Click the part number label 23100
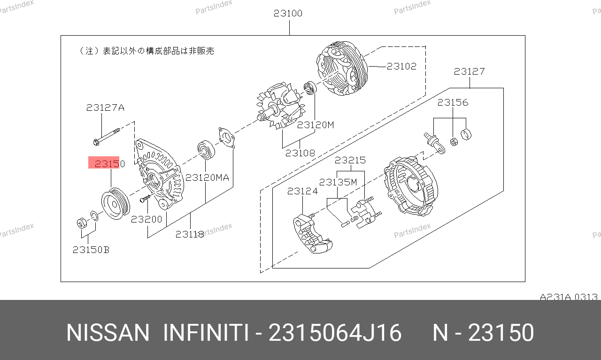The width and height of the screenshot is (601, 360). (288, 13)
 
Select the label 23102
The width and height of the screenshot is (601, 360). (401, 66)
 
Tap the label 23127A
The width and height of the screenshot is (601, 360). (105, 107)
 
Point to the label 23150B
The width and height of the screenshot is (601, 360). (91, 250)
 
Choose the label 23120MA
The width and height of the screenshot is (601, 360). (207, 177)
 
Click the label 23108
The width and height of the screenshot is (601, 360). (300, 153)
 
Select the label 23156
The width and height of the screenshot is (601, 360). (453, 102)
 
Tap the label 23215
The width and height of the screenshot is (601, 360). (350, 160)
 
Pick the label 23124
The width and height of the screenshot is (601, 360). (302, 191)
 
